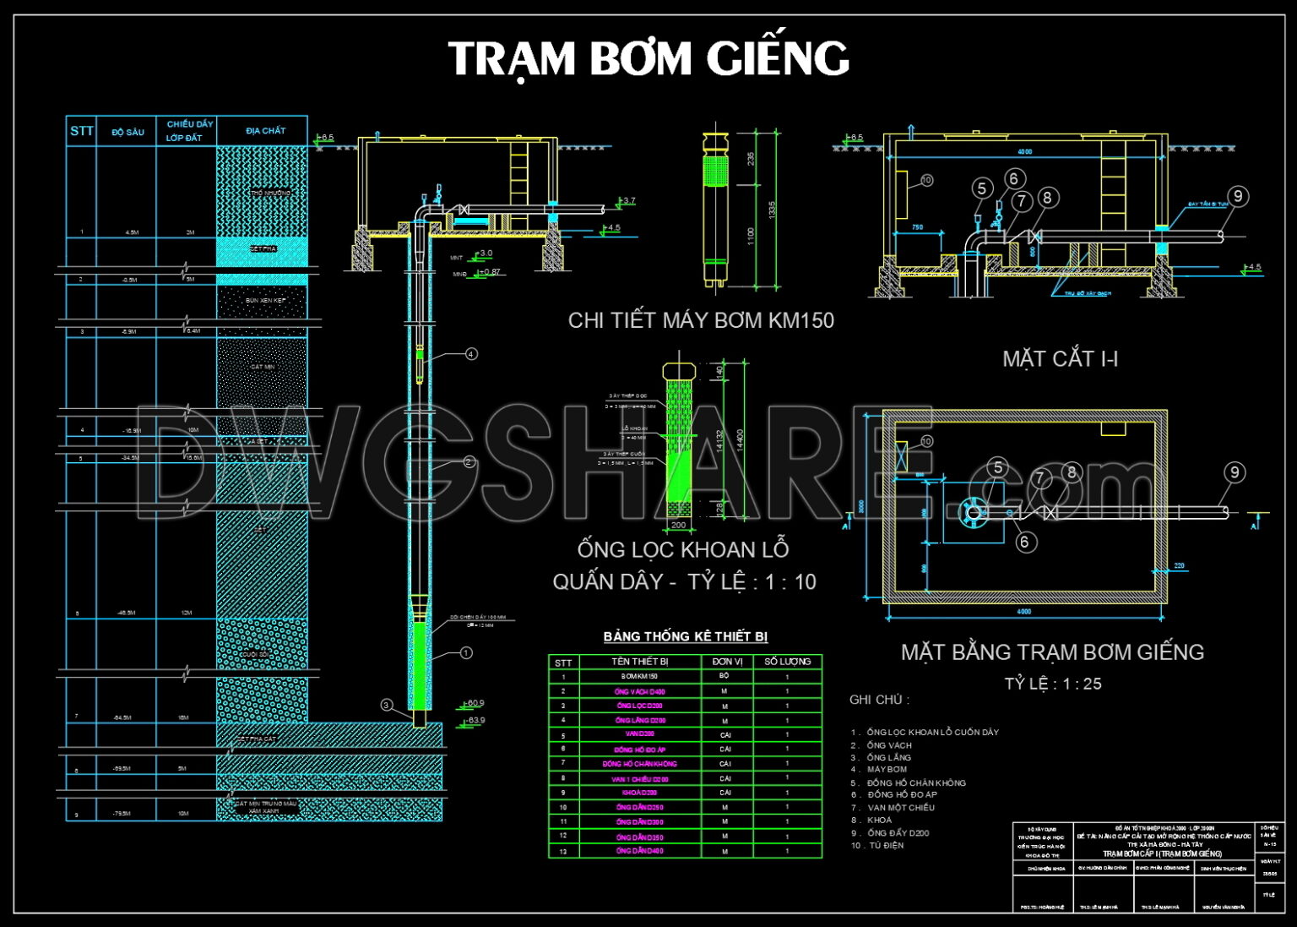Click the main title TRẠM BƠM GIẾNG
click(x=648, y=59)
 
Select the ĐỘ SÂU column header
click(x=128, y=133)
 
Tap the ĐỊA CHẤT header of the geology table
click(x=265, y=131)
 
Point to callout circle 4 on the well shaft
click(x=471, y=354)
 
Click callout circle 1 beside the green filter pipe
click(x=465, y=653)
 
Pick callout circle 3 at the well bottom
click(x=387, y=705)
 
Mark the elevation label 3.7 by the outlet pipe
click(x=628, y=201)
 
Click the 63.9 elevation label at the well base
click(x=476, y=721)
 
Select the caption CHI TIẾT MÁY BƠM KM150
click(x=700, y=320)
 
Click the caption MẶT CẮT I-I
click(x=1060, y=359)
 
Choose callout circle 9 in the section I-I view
click(x=1237, y=197)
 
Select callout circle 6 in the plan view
click(x=1024, y=542)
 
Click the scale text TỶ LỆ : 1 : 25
click(x=1052, y=684)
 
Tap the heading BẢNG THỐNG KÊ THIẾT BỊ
click(x=685, y=636)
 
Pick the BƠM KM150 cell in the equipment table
click(x=639, y=677)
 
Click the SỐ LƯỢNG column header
click(x=787, y=662)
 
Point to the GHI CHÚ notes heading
click(x=879, y=700)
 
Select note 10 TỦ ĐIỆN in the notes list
click(x=878, y=845)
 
